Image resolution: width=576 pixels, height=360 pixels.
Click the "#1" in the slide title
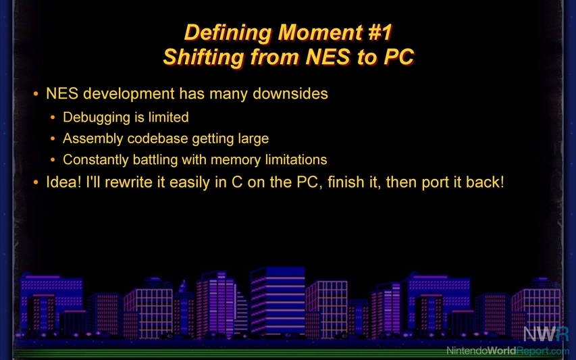point(380,32)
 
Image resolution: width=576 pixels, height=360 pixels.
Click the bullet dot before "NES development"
point(36,94)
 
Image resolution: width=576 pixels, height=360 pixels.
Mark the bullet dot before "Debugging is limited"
point(53,118)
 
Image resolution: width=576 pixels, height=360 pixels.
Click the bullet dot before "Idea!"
point(36,182)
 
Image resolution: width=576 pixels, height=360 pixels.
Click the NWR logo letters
point(546,334)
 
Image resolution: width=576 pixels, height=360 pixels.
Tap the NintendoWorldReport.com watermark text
point(508,351)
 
